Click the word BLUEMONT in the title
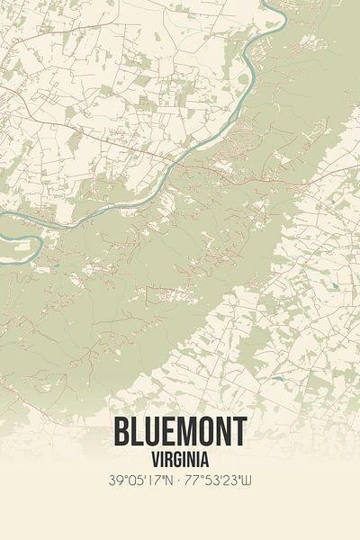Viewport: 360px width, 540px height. (180, 432)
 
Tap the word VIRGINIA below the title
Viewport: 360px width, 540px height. (180, 460)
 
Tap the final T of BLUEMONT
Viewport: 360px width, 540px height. (238, 432)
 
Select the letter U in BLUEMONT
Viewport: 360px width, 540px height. (150, 432)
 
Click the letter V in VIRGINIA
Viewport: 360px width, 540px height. (149, 460)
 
